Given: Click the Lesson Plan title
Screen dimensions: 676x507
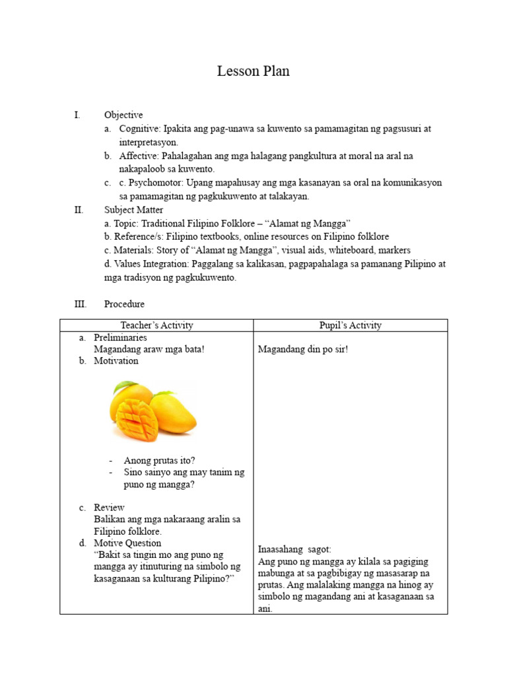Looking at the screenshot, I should (x=253, y=71).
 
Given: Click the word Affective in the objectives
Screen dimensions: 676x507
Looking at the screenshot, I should (x=139, y=156).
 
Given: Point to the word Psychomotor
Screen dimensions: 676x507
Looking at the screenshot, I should (x=155, y=183).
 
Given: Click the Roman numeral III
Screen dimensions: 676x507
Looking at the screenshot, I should (x=79, y=304).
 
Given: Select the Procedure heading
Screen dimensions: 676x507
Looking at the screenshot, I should (x=124, y=304).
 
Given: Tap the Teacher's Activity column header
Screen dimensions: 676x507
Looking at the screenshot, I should (x=156, y=325).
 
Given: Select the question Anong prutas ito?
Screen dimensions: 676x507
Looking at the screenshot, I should (x=159, y=460).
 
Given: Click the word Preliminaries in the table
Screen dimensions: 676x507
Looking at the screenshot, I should (x=120, y=337).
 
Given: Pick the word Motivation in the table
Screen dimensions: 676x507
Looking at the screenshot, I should (x=116, y=361).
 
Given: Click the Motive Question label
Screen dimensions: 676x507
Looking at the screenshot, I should (x=127, y=543).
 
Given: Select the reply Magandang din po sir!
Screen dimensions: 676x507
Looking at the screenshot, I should (x=302, y=349).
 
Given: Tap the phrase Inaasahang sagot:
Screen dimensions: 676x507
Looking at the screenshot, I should (x=294, y=549).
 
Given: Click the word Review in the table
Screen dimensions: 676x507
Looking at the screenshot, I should (x=109, y=508).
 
